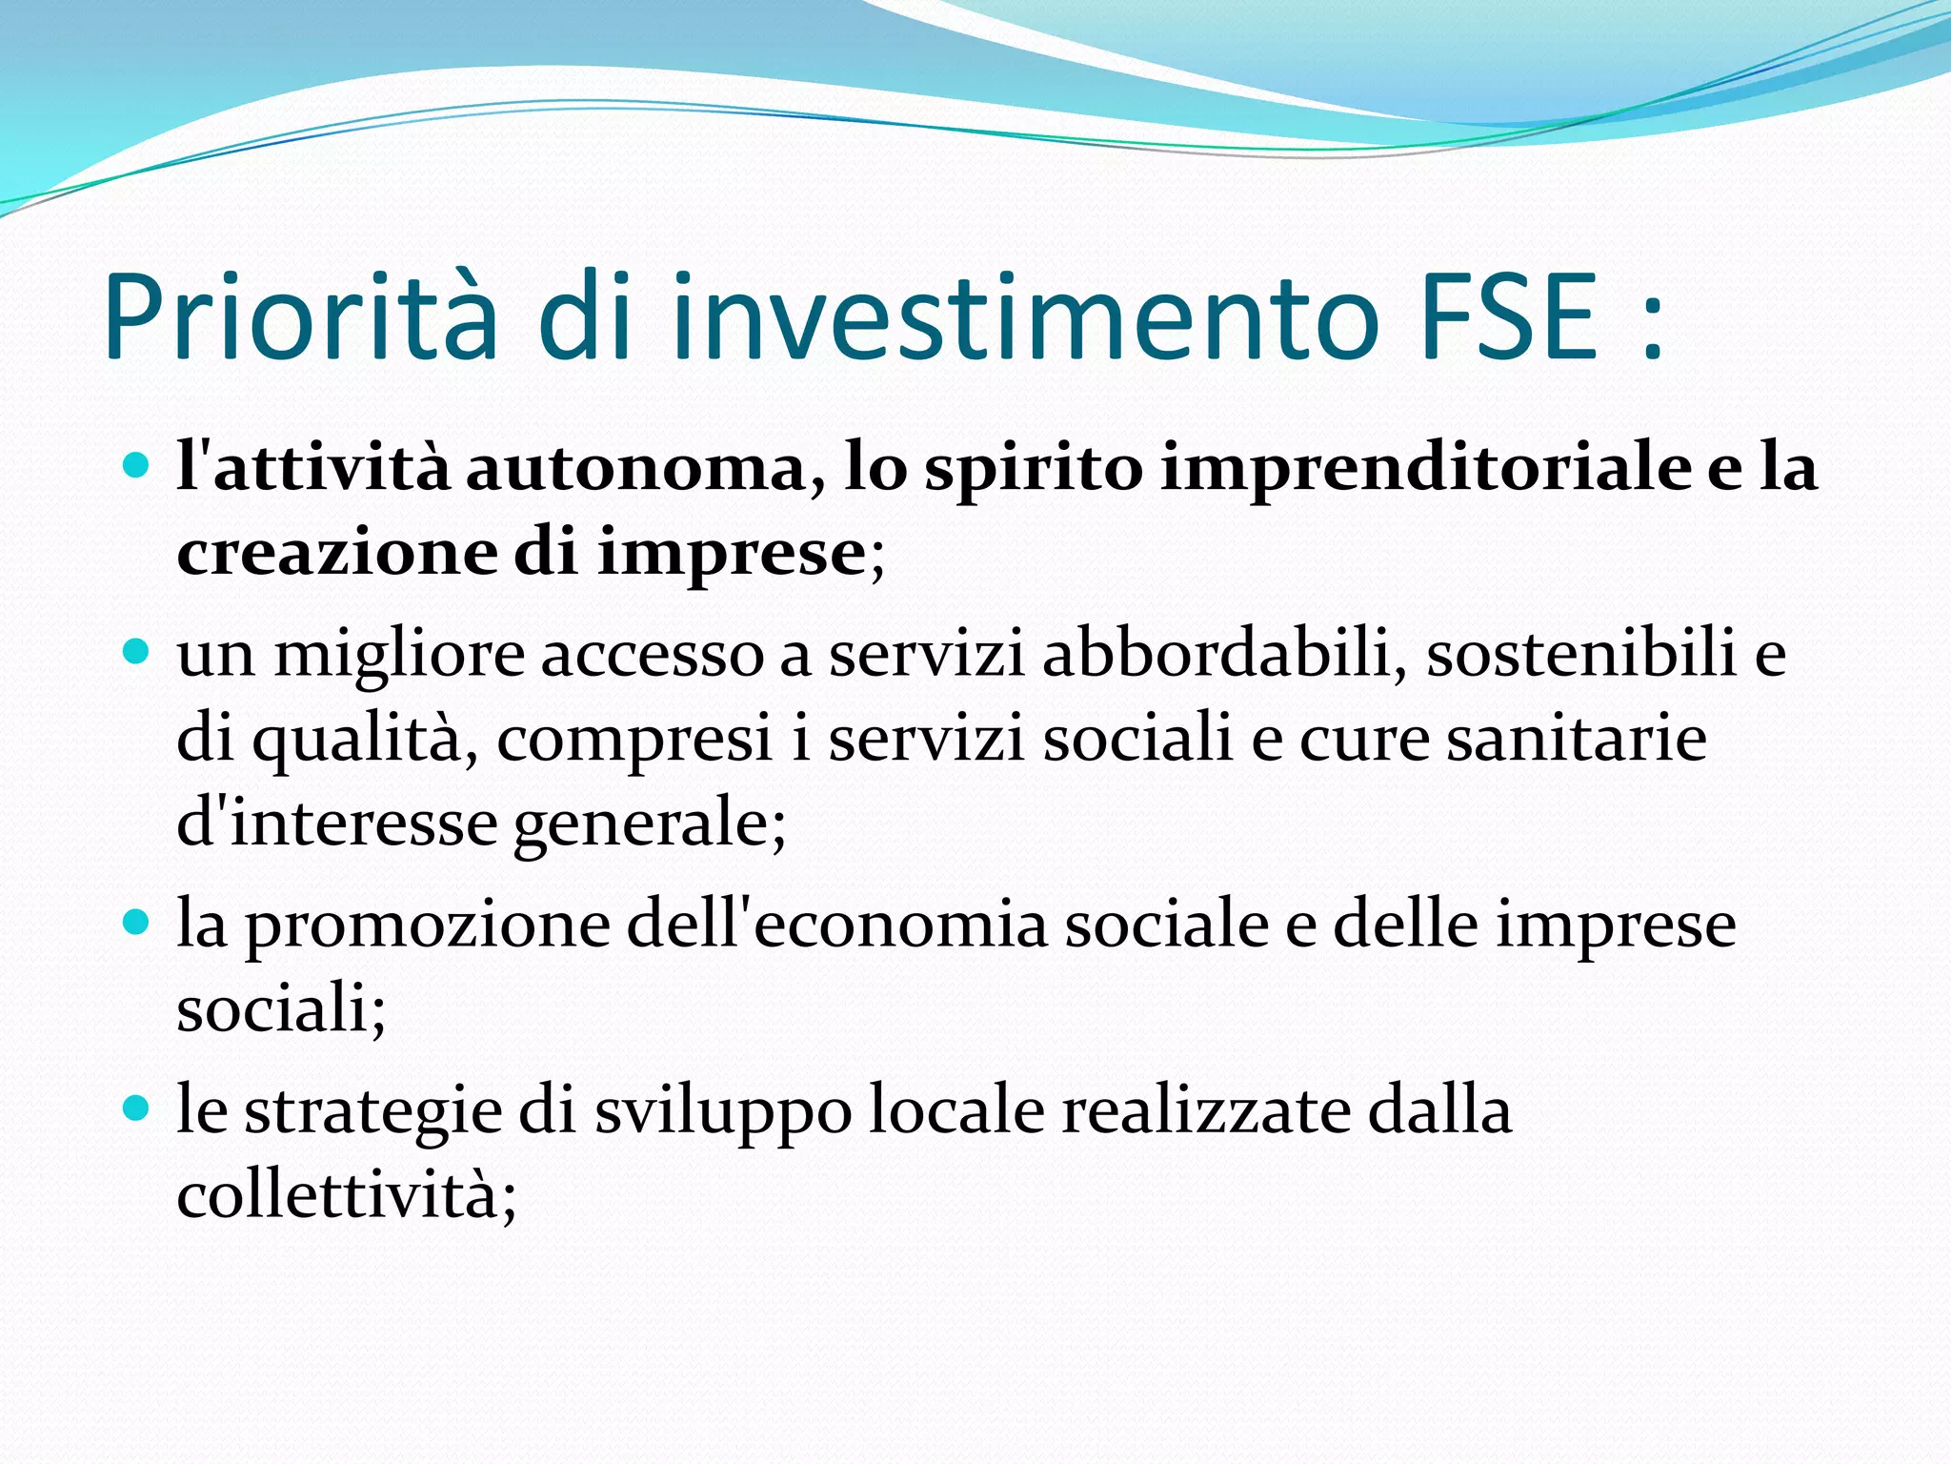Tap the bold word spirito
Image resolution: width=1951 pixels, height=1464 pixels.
[1034, 470]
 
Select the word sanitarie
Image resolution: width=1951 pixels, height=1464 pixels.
[1577, 738]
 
